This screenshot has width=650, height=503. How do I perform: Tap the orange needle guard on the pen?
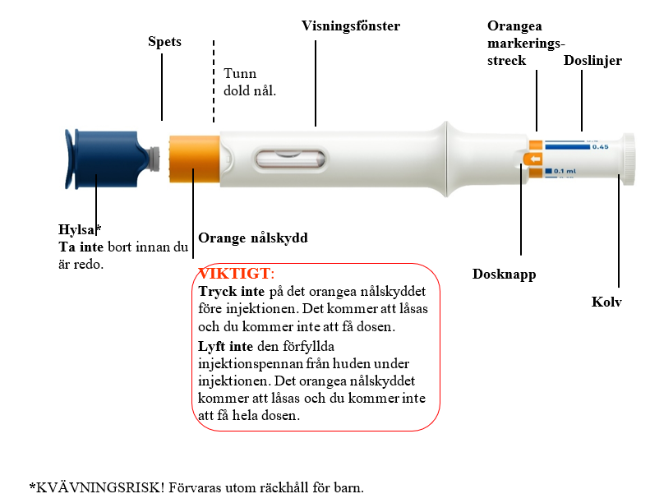click(x=194, y=159)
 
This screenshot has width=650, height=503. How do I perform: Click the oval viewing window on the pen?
click(x=290, y=159)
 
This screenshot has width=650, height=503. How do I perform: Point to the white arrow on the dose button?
click(x=536, y=159)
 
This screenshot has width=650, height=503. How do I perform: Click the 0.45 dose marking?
click(x=600, y=147)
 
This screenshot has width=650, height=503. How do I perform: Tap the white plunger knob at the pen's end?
click(x=628, y=159)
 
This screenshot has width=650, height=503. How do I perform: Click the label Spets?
click(x=164, y=42)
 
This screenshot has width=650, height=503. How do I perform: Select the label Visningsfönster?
click(x=351, y=25)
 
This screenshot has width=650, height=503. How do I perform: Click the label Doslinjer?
click(x=592, y=61)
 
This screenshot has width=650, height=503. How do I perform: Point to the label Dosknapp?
click(x=504, y=274)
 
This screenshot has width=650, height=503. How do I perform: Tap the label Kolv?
click(x=606, y=302)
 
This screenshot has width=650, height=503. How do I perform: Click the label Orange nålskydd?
click(x=253, y=238)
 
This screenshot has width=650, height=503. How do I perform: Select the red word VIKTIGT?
click(x=235, y=274)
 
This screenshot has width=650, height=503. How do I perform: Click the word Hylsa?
click(x=77, y=230)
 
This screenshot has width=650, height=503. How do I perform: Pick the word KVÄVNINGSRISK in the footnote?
click(x=100, y=487)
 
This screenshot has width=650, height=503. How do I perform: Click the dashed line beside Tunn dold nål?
click(x=214, y=81)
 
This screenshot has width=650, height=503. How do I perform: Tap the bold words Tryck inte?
click(x=231, y=292)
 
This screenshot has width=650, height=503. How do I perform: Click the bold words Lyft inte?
click(x=225, y=346)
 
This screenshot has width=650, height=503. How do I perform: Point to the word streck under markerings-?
click(x=506, y=61)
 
